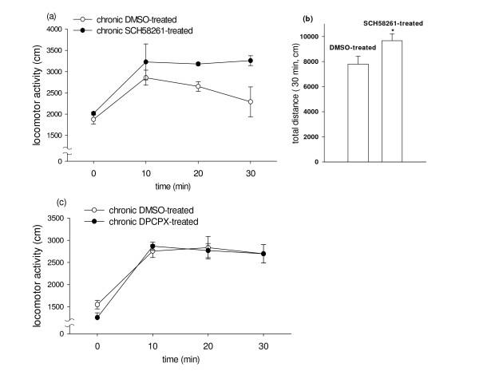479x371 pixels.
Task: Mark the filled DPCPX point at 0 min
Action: coord(97,318)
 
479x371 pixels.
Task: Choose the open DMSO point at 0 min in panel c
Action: coord(97,304)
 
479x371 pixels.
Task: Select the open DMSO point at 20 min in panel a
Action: coord(207,86)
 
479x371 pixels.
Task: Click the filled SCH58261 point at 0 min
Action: coord(94,113)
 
